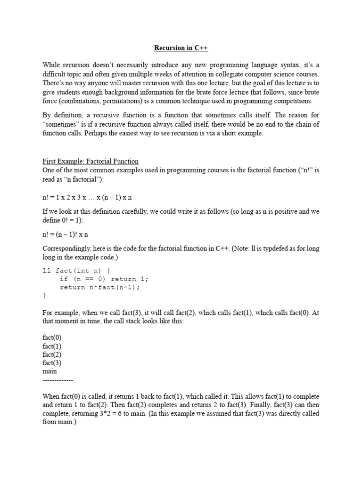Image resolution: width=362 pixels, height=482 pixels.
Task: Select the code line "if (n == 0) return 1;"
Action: click(104, 279)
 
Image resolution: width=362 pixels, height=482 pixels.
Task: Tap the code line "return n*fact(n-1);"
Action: click(100, 287)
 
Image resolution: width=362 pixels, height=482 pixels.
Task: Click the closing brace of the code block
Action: click(44, 296)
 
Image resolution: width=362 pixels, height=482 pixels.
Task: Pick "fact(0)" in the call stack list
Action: click(52, 337)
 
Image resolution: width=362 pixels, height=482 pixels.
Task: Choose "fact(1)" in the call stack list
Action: click(52, 346)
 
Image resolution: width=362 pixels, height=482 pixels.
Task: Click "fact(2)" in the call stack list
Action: click(52, 354)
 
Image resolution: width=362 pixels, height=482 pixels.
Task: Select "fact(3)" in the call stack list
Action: click(52, 363)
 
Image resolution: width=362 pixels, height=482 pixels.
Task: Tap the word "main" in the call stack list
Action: click(49, 371)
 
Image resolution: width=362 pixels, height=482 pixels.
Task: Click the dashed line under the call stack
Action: click(58, 379)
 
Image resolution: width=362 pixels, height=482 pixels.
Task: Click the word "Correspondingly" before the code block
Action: click(65, 248)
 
